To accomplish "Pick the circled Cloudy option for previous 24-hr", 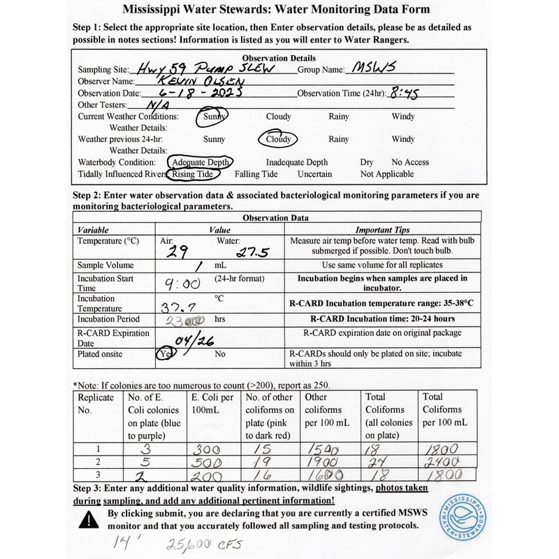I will coord(279,139).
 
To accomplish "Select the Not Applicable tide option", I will coord(386,174).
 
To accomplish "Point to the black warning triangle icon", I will coord(89,517).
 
